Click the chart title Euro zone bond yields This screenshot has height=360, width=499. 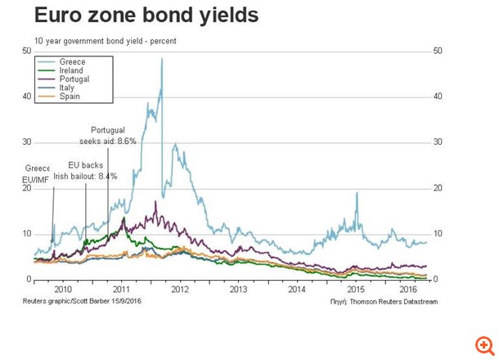point(146,16)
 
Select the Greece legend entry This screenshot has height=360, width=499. point(72,61)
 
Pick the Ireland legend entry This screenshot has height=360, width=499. point(72,70)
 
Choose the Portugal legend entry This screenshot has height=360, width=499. point(74,79)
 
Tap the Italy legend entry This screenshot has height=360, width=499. point(68,88)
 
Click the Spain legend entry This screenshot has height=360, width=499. point(70,97)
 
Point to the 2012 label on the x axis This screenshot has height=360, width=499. point(179,290)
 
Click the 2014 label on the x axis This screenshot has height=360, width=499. point(297,290)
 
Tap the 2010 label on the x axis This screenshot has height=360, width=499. point(62,290)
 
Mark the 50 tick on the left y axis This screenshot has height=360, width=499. point(27,51)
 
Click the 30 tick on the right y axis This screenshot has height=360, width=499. point(438,142)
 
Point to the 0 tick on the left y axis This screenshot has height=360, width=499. point(29,280)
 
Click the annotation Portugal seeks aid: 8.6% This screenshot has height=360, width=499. point(113,136)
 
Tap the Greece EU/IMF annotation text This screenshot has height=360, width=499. point(38,173)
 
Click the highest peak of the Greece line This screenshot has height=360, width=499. point(162,58)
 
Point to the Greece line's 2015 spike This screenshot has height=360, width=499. point(357,192)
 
